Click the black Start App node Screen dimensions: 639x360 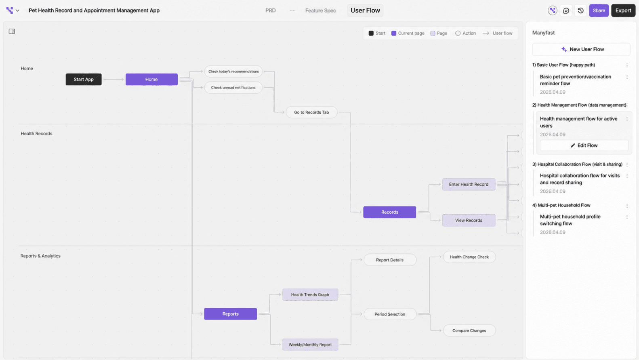84,79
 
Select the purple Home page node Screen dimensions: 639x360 151,79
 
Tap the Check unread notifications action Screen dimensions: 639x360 233,88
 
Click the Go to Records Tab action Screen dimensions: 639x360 311,112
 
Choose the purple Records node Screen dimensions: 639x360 390,212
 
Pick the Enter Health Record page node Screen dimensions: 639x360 469,184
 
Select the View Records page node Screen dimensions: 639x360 469,220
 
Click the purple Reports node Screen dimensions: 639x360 231,314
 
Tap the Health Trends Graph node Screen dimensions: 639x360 310,295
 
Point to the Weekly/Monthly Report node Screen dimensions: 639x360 310,345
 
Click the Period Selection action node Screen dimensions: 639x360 390,314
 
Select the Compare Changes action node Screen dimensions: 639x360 469,331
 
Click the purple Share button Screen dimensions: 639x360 599,11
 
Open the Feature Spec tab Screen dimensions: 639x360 321,11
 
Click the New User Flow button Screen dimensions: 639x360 581,49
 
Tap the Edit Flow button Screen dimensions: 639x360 584,145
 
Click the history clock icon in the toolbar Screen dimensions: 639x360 580,11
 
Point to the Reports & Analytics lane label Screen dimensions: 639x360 40,256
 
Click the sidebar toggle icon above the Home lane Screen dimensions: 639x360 12,32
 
